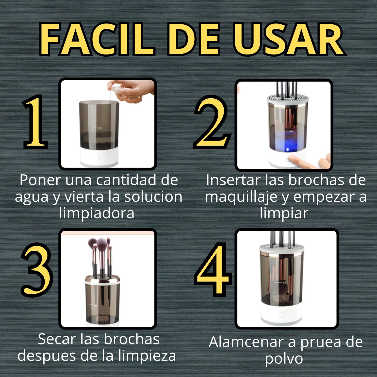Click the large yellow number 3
click(x=37, y=270)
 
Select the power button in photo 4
click(x=281, y=314)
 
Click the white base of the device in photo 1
click(x=99, y=157)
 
